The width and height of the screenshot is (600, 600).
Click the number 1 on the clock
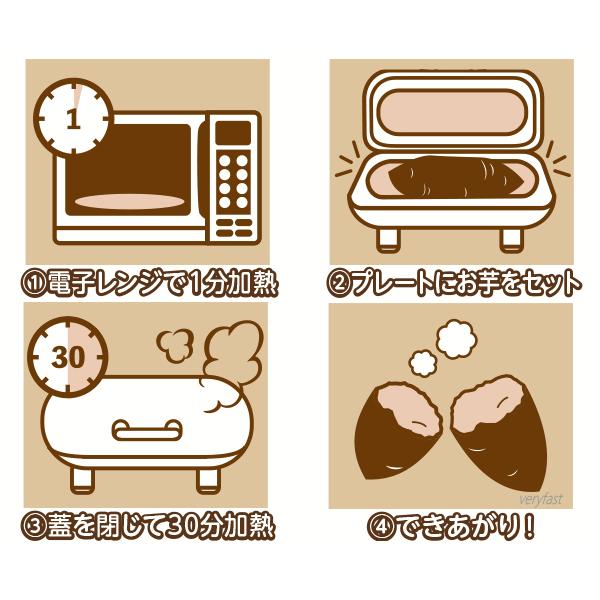[x=73, y=118]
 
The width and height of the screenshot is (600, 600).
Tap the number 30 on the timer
[x=68, y=357]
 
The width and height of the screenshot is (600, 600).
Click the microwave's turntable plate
[x=129, y=202]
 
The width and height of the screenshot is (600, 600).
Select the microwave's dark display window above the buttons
[x=233, y=133]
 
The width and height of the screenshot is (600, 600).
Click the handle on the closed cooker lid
[x=147, y=430]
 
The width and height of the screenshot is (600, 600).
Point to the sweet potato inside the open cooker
[x=455, y=177]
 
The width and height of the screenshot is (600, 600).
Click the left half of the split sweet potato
[x=398, y=430]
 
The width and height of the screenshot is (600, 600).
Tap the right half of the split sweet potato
[x=499, y=432]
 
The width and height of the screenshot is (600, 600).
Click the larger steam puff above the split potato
[x=457, y=339]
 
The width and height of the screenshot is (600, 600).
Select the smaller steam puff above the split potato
[x=423, y=364]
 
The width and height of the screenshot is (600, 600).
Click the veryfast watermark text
[x=541, y=499]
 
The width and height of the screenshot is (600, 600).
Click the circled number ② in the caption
[x=338, y=284]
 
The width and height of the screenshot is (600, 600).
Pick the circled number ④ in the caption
[x=380, y=528]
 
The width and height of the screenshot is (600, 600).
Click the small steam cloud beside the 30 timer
[x=174, y=345]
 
